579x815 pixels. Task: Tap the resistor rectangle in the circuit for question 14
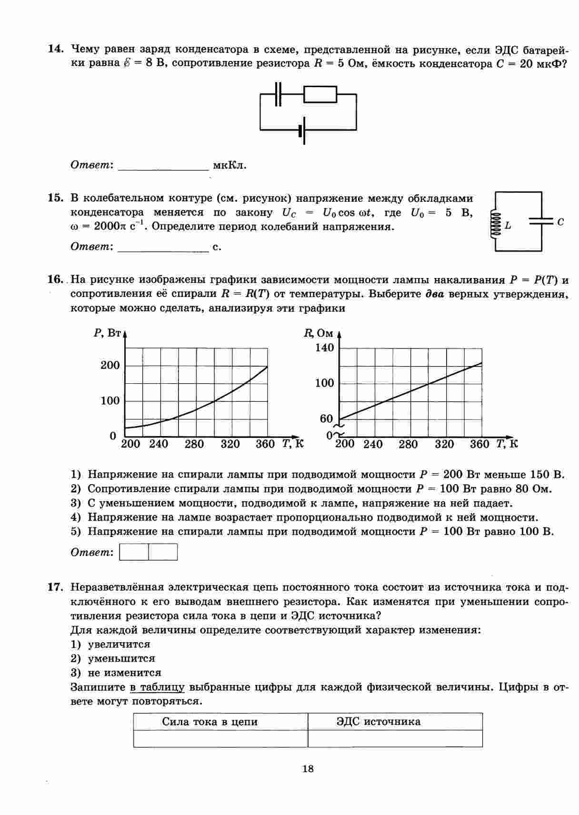tap(320, 94)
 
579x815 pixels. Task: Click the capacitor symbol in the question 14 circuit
tap(279, 94)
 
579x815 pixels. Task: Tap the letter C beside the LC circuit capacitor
tap(560, 222)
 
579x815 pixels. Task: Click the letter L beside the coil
tap(508, 226)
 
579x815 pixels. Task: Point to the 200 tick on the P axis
tap(110, 366)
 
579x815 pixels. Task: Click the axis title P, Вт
tap(108, 333)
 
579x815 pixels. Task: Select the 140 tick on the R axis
tap(325, 348)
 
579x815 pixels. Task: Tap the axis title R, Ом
tap(319, 333)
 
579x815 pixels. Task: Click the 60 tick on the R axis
tap(326, 419)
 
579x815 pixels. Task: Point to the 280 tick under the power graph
tap(194, 445)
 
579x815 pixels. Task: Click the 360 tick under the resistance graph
tap(479, 445)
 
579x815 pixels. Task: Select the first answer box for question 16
tap(134, 552)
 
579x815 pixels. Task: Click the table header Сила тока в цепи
tap(210, 722)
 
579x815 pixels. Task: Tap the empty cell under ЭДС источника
tap(395, 738)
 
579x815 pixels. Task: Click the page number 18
tap(308, 768)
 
